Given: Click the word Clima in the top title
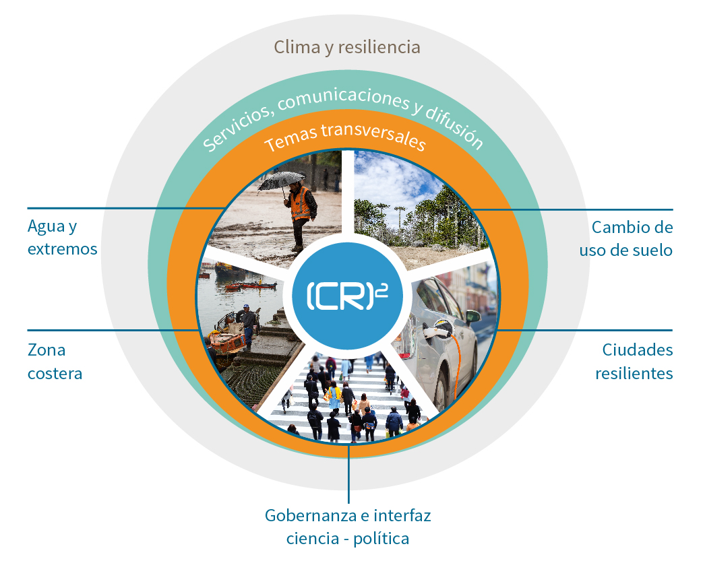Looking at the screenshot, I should (294, 48).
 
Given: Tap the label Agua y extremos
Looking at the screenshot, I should (62, 237).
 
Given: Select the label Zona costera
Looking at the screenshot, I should (55, 362).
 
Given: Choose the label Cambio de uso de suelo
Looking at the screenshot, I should (626, 238).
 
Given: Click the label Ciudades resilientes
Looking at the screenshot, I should (634, 362).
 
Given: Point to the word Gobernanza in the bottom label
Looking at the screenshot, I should (304, 517).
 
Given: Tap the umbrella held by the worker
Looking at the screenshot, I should (281, 179).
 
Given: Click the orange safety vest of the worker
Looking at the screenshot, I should (301, 203).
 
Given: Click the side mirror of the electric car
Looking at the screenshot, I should (472, 315).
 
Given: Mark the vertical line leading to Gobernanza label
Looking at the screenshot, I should (349, 478).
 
